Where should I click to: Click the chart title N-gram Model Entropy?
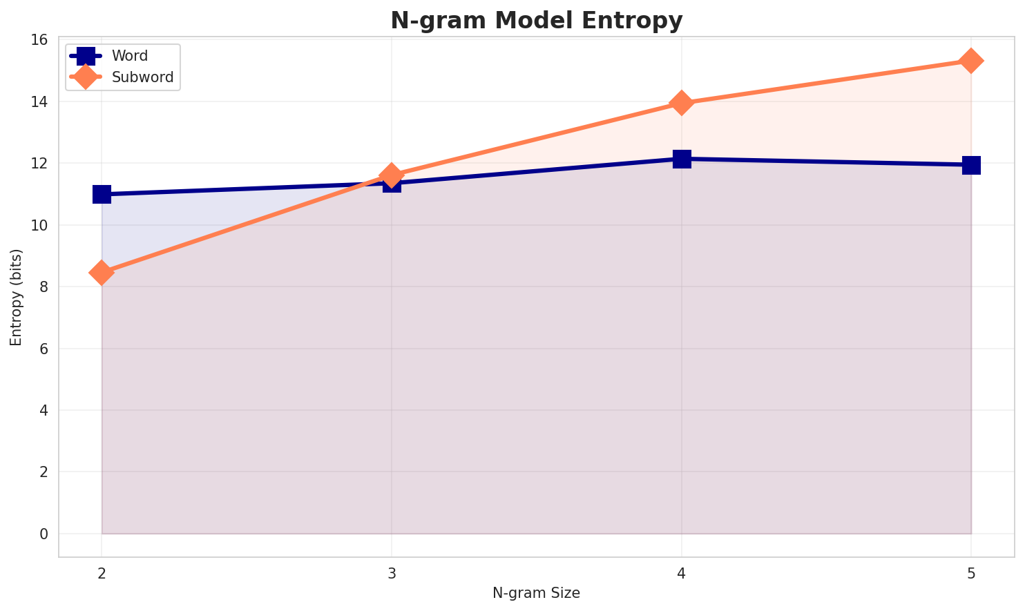coord(536,21)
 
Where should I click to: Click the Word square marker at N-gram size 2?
coord(102,194)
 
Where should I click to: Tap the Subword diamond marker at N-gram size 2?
coord(102,273)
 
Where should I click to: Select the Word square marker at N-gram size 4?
coord(682,159)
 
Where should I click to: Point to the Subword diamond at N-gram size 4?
coord(682,103)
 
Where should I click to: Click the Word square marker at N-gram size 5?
coord(971,165)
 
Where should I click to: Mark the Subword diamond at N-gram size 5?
coord(971,61)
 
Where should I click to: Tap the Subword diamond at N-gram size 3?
coord(392,175)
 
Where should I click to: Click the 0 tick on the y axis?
coord(44,534)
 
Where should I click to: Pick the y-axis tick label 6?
coord(44,349)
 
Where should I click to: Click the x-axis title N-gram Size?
coord(536,593)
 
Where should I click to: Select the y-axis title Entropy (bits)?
coord(16,298)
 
